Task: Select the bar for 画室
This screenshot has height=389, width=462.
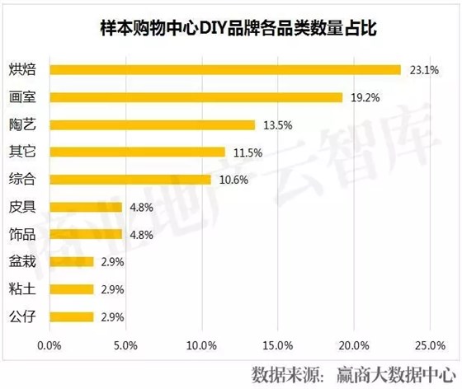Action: tap(196, 97)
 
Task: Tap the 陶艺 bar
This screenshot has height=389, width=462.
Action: tap(152, 124)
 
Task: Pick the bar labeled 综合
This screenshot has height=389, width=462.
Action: tap(130, 180)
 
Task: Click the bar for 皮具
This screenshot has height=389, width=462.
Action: tap(86, 207)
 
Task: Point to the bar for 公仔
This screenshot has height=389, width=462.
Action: tap(72, 316)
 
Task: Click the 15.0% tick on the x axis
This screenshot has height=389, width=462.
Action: tap(278, 344)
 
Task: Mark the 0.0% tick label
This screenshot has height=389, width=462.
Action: tap(50, 344)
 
